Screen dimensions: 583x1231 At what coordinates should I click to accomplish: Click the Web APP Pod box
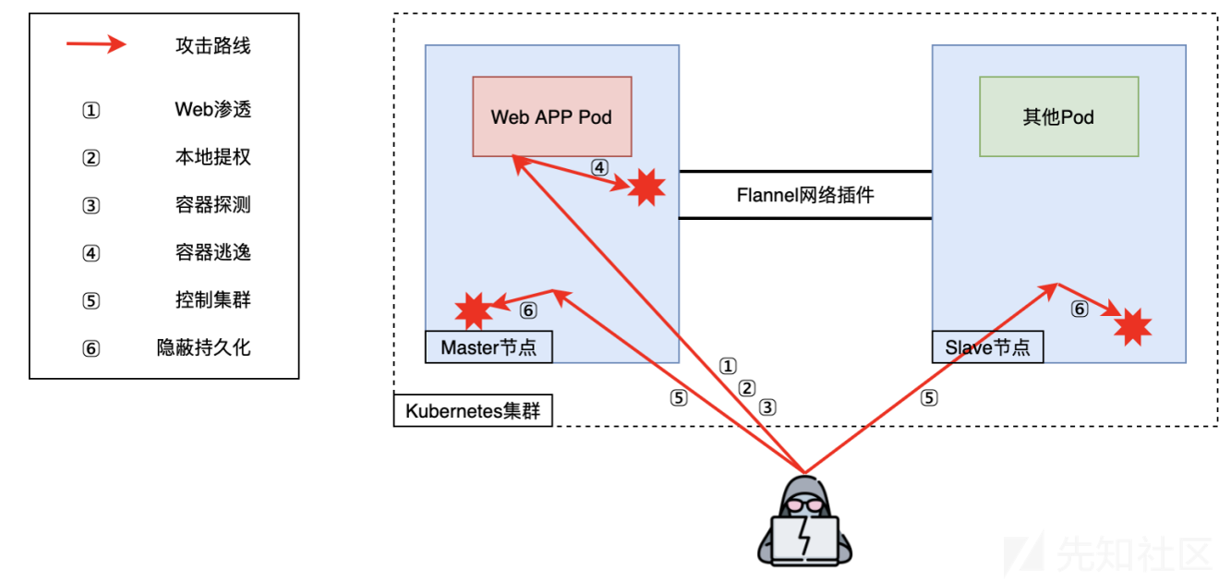click(x=551, y=116)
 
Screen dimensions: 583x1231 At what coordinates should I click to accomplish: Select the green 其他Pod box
click(x=1058, y=116)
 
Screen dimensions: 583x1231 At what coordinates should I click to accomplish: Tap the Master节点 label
click(x=489, y=347)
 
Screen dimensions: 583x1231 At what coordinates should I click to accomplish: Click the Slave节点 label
click(x=987, y=347)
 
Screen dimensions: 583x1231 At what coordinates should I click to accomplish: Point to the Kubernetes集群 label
click(x=473, y=410)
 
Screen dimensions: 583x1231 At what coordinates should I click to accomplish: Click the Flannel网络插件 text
click(x=804, y=195)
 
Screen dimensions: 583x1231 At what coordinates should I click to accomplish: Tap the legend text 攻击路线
click(x=212, y=45)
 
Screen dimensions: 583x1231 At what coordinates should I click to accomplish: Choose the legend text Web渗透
click(x=212, y=110)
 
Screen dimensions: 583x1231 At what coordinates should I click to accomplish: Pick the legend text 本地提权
click(x=212, y=157)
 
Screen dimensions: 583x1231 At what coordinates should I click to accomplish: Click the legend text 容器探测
click(x=212, y=205)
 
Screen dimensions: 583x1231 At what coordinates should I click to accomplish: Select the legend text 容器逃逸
click(x=212, y=252)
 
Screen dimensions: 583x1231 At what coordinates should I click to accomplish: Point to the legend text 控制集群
click(x=212, y=300)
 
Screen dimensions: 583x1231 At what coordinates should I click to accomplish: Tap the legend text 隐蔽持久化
click(x=203, y=348)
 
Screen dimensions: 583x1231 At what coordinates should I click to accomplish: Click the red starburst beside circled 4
click(x=646, y=188)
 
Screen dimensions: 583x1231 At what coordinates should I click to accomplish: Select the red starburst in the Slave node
click(x=1132, y=326)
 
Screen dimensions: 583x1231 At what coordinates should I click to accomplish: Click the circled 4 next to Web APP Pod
click(x=599, y=167)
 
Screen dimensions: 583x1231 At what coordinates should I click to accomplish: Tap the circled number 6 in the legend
click(x=91, y=348)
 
